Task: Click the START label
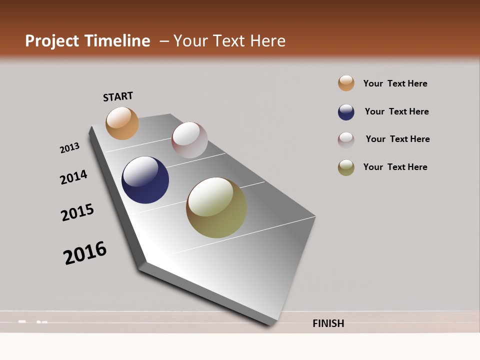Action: click(118, 96)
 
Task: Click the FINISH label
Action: click(328, 323)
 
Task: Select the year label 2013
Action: click(70, 148)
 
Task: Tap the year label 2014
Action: click(73, 177)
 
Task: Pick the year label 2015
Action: click(77, 212)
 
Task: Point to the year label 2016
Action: click(85, 252)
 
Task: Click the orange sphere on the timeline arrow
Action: click(122, 123)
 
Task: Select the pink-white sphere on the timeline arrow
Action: click(189, 140)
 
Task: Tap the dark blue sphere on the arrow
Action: click(145, 180)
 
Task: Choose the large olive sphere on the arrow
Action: click(216, 207)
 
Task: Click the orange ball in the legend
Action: click(346, 83)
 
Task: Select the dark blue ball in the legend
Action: click(346, 112)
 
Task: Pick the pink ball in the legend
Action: click(346, 140)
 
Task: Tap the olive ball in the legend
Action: click(346, 167)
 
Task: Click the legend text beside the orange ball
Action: click(395, 83)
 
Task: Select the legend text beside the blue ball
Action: click(396, 111)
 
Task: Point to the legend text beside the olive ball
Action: click(395, 167)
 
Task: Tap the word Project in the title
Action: click(52, 41)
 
